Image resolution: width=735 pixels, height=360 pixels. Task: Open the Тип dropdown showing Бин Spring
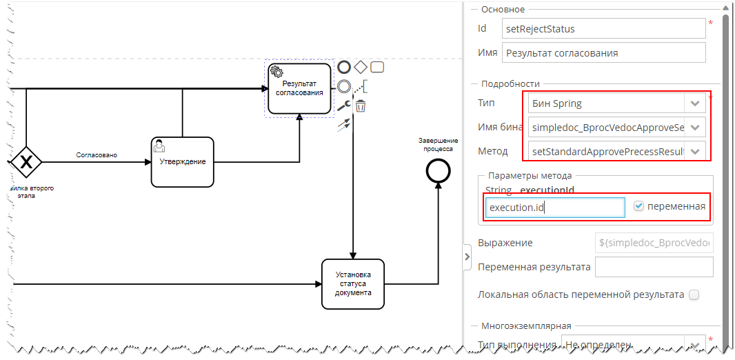[694, 103]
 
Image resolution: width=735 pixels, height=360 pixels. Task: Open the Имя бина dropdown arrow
[694, 128]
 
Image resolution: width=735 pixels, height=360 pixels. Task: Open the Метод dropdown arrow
[694, 151]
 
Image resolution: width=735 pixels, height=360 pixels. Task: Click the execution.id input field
[554, 207]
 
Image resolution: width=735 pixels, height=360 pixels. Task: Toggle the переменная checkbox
[638, 206]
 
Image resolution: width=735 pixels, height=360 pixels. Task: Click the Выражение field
[653, 243]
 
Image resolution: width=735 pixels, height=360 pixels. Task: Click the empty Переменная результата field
[653, 267]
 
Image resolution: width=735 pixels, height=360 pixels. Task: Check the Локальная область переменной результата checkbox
[694, 294]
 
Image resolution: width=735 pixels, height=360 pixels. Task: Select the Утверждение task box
[182, 162]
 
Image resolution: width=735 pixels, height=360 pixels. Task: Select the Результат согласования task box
[299, 88]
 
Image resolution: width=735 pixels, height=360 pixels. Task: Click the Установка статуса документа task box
[352, 283]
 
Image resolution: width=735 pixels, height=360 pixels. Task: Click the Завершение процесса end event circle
[437, 171]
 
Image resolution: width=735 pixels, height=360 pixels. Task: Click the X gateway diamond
[26, 161]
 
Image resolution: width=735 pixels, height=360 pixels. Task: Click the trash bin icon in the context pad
[360, 106]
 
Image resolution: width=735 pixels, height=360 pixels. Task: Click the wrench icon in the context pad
[343, 106]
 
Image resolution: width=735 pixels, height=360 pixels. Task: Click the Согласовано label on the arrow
[97, 155]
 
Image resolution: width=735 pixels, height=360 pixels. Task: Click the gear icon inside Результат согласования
[276, 72]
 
